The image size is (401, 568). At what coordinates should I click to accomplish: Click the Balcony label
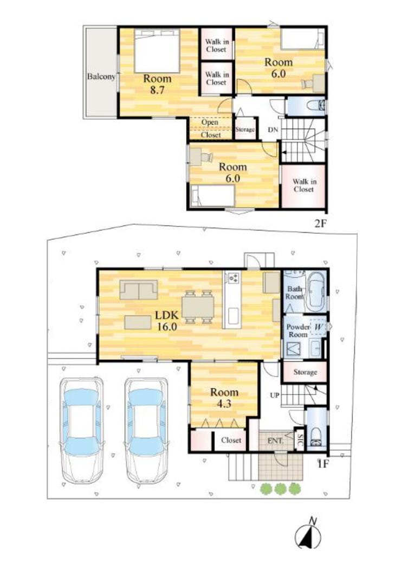[x=101, y=76]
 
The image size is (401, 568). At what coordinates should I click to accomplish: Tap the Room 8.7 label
[x=158, y=84]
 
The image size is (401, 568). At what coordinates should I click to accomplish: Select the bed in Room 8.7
[x=157, y=51]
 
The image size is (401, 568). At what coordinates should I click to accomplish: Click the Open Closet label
[x=210, y=129]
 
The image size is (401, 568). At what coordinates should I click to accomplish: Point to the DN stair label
[x=273, y=129]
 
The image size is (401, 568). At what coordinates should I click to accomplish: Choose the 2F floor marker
[x=320, y=224]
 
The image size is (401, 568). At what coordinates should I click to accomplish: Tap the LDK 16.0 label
[x=167, y=321]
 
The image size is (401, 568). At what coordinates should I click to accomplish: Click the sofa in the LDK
[x=139, y=290]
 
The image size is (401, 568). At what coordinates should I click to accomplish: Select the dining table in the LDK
[x=198, y=307]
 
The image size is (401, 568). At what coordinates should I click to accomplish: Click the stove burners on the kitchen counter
[x=234, y=278]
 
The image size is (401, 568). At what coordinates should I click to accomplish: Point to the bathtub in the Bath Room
[x=316, y=292]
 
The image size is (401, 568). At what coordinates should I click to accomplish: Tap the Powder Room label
[x=298, y=331]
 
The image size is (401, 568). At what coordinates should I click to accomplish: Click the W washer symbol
[x=319, y=327]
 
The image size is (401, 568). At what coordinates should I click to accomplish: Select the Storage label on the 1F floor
[x=305, y=372]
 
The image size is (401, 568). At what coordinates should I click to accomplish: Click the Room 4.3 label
[x=224, y=398]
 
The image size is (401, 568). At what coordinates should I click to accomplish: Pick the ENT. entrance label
[x=275, y=441]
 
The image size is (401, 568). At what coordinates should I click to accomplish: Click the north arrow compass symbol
[x=308, y=534]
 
